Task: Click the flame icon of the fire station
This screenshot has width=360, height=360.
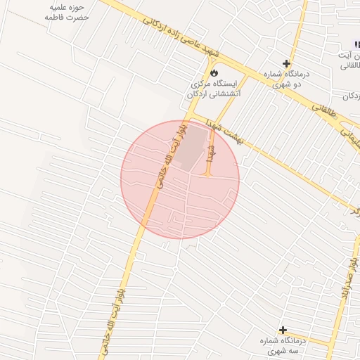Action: click(213, 72)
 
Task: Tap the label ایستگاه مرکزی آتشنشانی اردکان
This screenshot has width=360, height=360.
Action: click(215, 88)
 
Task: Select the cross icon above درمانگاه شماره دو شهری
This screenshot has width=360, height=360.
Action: click(286, 63)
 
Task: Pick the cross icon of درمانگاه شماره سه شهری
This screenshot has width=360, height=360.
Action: click(283, 330)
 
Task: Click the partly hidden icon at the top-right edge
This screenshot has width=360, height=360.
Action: click(356, 44)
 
